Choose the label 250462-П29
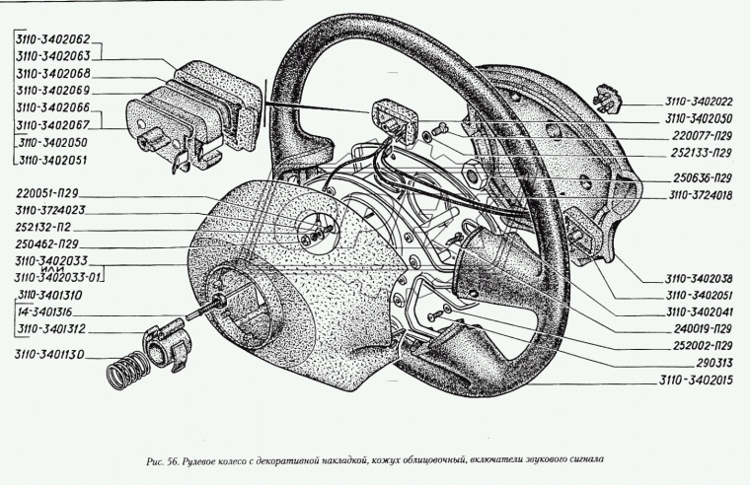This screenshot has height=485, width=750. (x=48, y=242)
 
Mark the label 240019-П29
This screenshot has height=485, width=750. (x=697, y=327)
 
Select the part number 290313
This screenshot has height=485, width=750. (x=714, y=363)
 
